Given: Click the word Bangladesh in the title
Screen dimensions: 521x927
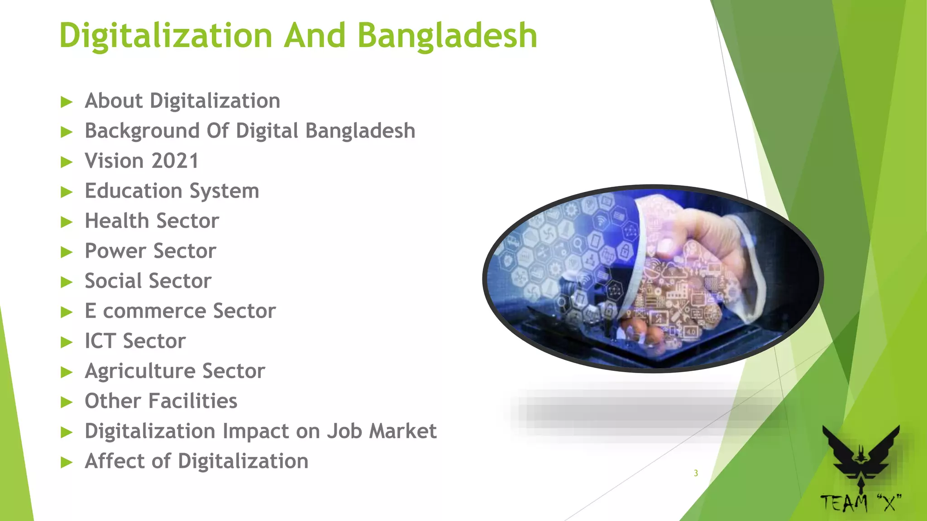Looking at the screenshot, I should pyautogui.click(x=447, y=35).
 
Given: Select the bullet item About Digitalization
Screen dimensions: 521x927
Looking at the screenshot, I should pyautogui.click(x=182, y=101).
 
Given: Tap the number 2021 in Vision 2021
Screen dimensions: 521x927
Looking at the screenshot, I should pyautogui.click(x=175, y=161).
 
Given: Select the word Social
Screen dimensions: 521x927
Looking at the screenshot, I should pyautogui.click(x=116, y=281).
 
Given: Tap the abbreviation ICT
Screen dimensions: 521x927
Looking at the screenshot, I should pyautogui.click(x=100, y=341).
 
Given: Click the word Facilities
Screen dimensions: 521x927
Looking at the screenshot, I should pyautogui.click(x=193, y=401).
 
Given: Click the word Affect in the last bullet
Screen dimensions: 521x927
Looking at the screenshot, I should pyautogui.click(x=115, y=461).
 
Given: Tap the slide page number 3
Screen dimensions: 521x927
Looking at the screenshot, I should pyautogui.click(x=696, y=473).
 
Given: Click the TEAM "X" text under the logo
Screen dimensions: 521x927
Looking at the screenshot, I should pyautogui.click(x=860, y=503).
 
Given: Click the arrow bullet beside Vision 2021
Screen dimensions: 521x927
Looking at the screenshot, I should pyautogui.click(x=67, y=162).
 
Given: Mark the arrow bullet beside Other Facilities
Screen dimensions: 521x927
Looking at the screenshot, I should pyautogui.click(x=67, y=402).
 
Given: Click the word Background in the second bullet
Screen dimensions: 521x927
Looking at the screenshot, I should pyautogui.click(x=142, y=131).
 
